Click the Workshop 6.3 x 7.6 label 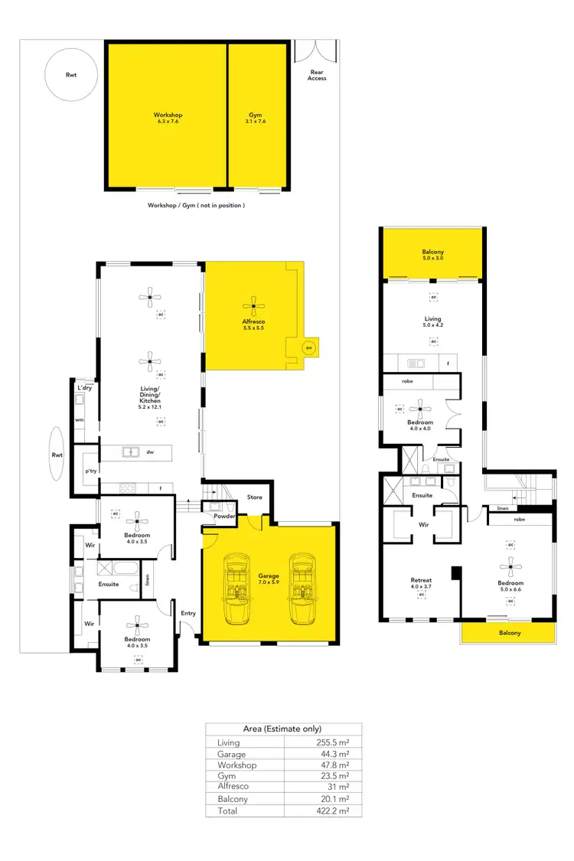(x=168, y=118)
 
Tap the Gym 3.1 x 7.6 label (x=255, y=118)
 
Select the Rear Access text (x=317, y=76)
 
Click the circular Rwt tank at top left (x=70, y=74)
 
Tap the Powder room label (x=224, y=517)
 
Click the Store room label (x=254, y=497)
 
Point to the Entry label (x=188, y=613)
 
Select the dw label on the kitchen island (x=150, y=452)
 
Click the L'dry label (x=84, y=389)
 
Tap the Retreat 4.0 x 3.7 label (x=421, y=583)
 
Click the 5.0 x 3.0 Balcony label (x=432, y=255)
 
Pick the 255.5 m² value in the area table (x=334, y=742)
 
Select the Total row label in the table (x=227, y=810)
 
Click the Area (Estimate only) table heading (x=282, y=729)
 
